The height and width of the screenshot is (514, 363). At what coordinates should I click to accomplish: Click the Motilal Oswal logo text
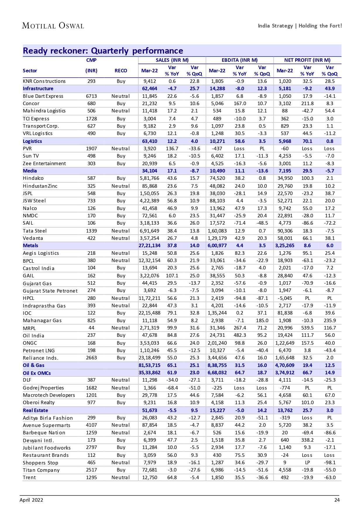click(x=53, y=26)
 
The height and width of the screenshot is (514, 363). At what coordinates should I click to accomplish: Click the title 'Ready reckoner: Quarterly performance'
click(x=103, y=51)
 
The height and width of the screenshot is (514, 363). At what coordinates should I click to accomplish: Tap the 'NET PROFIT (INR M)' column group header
click(x=307, y=60)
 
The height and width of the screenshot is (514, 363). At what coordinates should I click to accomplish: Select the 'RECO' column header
click(x=121, y=71)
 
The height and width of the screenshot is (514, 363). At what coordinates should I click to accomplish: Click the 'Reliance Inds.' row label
click(x=41, y=358)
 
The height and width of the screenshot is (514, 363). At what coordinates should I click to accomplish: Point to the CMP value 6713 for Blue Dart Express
click(x=91, y=96)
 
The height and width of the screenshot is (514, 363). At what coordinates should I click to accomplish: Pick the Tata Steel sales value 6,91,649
click(x=149, y=231)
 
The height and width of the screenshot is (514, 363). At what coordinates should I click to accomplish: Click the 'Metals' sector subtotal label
click(x=30, y=245)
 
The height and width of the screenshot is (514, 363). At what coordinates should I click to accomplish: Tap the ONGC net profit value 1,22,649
click(x=285, y=343)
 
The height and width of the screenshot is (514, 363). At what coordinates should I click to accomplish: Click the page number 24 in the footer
click(x=337, y=500)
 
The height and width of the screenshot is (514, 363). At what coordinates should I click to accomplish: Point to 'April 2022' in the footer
click(x=31, y=500)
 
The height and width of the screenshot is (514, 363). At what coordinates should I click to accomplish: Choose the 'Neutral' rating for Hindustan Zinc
click(x=121, y=186)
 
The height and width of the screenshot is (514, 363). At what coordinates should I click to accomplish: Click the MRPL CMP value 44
click(x=91, y=328)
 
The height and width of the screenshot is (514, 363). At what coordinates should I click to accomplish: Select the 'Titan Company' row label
click(x=41, y=470)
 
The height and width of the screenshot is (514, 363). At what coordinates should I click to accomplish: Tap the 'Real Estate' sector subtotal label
click(x=35, y=410)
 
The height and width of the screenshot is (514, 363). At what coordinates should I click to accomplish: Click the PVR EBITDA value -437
click(x=217, y=148)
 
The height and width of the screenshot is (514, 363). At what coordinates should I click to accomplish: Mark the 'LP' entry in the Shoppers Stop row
click(x=307, y=462)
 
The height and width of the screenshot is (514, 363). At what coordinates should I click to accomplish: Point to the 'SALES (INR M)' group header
click(x=172, y=60)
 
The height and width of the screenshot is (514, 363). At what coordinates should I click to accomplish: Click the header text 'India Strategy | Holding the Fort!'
click(x=300, y=26)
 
